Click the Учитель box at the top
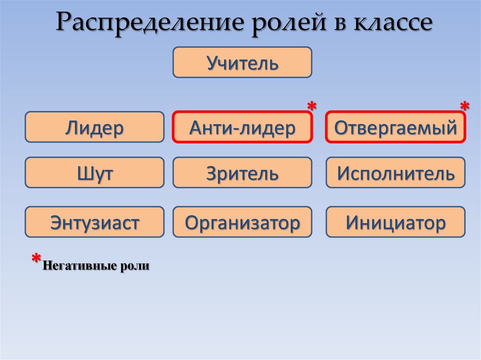click(x=242, y=62)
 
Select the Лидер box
click(x=94, y=127)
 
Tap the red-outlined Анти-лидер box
click(x=242, y=127)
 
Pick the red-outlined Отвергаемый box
click(x=395, y=127)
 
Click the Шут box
click(x=94, y=173)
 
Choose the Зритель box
click(x=242, y=173)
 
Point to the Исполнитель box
click(x=395, y=173)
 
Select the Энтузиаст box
click(x=94, y=222)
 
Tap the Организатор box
click(x=242, y=222)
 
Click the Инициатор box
click(x=395, y=222)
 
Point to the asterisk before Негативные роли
click(x=36, y=260)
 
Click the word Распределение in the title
click(x=151, y=23)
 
